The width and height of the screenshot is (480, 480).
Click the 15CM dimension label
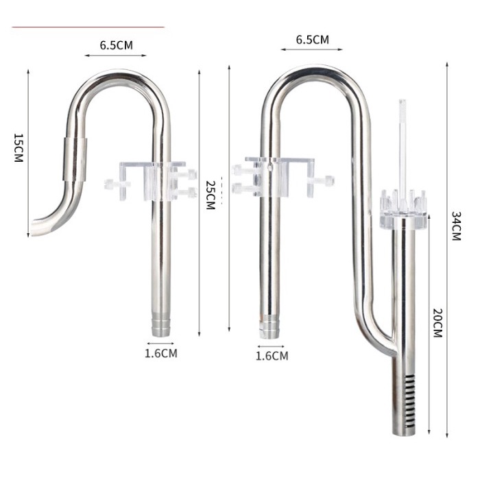(19, 147)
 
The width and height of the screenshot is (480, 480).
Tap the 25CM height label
(210, 195)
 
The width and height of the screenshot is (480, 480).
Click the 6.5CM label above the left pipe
(116, 46)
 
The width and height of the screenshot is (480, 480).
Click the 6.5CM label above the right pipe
(312, 40)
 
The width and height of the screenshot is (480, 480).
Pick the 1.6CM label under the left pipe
(161, 354)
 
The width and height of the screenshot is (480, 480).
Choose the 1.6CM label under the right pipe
(272, 356)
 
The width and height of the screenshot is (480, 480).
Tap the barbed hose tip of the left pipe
(162, 326)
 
